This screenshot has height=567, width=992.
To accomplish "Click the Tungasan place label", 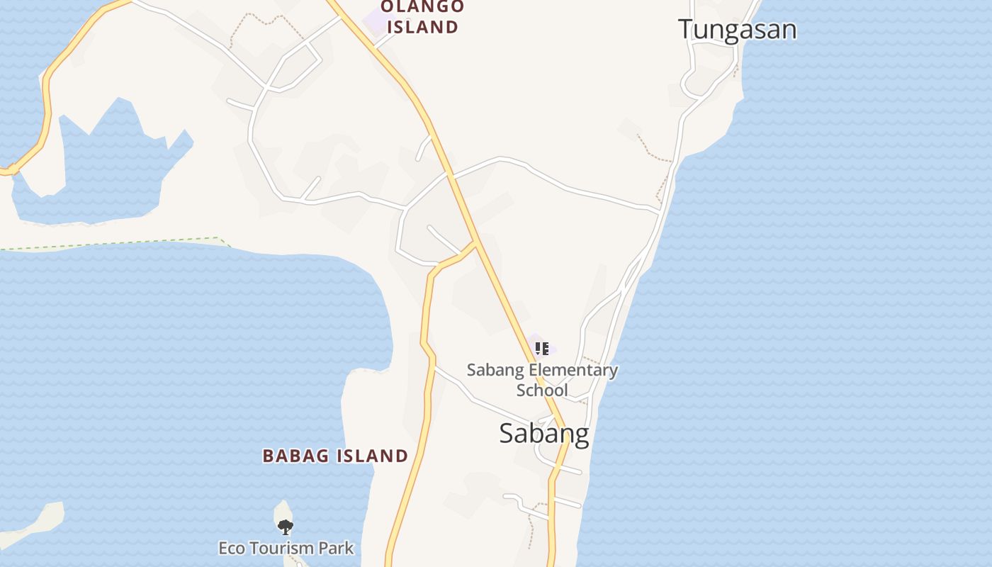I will tap(737, 30).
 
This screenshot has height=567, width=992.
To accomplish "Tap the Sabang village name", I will tap(543, 433).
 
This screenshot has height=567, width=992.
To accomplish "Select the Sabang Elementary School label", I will tap(542, 380).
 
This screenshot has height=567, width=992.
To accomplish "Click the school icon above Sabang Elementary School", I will tap(542, 348).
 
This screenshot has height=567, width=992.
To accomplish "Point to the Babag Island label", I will tap(335, 456).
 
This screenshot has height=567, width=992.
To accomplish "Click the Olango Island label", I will tap(422, 17).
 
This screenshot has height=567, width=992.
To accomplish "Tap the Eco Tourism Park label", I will tap(286, 548).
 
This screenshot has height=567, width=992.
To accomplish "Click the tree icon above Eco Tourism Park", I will tap(285, 527).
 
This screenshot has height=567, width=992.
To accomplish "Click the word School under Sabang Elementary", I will tap(542, 391).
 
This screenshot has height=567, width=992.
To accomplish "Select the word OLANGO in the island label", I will tap(422, 7).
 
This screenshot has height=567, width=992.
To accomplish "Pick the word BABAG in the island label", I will tap(295, 456).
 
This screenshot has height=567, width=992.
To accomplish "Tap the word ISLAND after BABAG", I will tap(372, 456).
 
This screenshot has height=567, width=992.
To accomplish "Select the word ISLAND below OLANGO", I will tap(422, 28).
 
